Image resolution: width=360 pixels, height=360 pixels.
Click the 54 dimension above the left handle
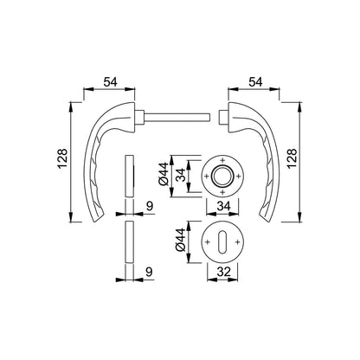(x=111, y=82)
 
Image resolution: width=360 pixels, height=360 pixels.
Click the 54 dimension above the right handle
(x=255, y=82)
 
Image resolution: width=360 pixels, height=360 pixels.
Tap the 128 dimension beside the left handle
(x=62, y=158)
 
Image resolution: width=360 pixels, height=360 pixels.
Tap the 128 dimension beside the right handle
(x=292, y=158)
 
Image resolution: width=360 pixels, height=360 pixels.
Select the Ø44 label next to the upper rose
(x=164, y=174)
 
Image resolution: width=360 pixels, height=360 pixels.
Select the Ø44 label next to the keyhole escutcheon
(x=180, y=240)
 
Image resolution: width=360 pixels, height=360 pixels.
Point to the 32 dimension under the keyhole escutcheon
(x=223, y=272)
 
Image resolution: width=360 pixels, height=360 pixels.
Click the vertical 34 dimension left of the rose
(x=181, y=175)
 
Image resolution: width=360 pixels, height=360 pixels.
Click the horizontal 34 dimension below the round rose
(x=223, y=206)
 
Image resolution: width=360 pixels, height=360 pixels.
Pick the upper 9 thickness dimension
(x=150, y=206)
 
